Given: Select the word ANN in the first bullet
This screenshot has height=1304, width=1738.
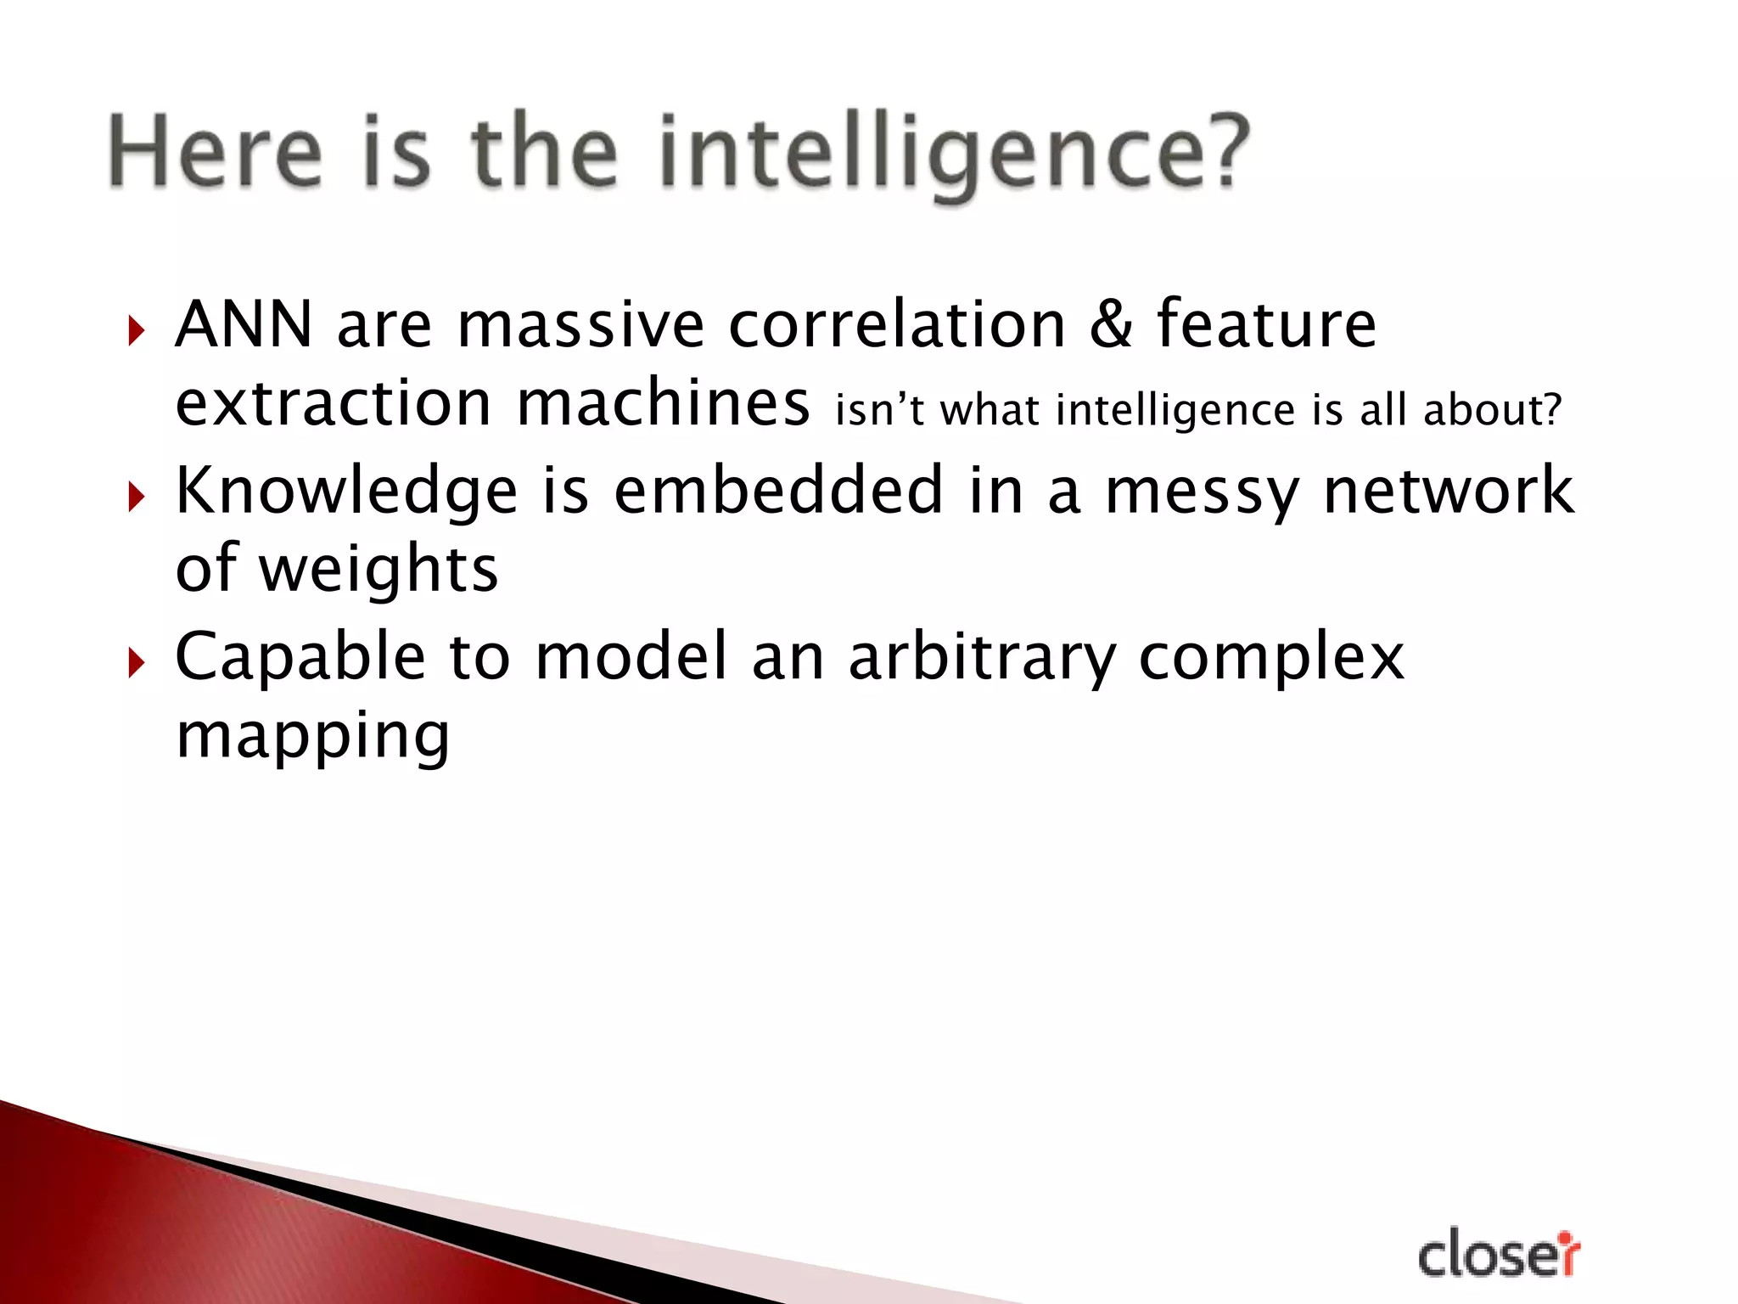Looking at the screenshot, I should [x=244, y=324].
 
